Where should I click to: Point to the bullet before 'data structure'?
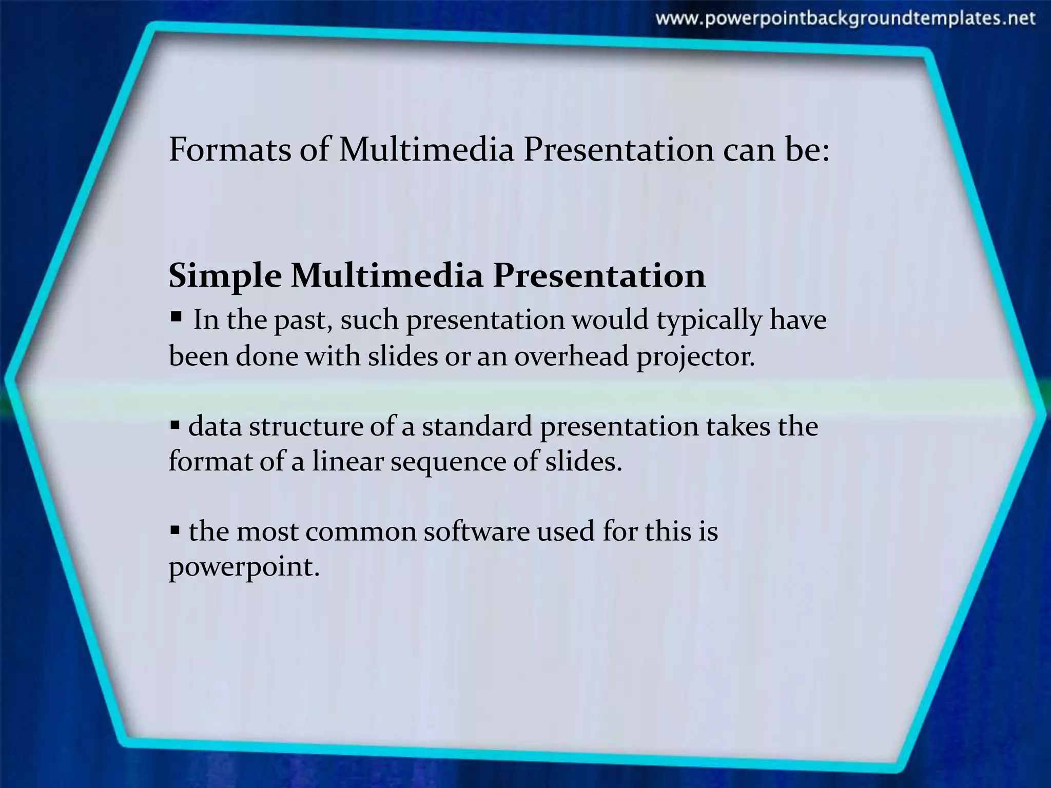174,425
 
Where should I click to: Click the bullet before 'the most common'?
174,529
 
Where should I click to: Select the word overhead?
571,356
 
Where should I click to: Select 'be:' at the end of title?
808,150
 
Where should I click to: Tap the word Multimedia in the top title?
426,150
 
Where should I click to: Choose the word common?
360,531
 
